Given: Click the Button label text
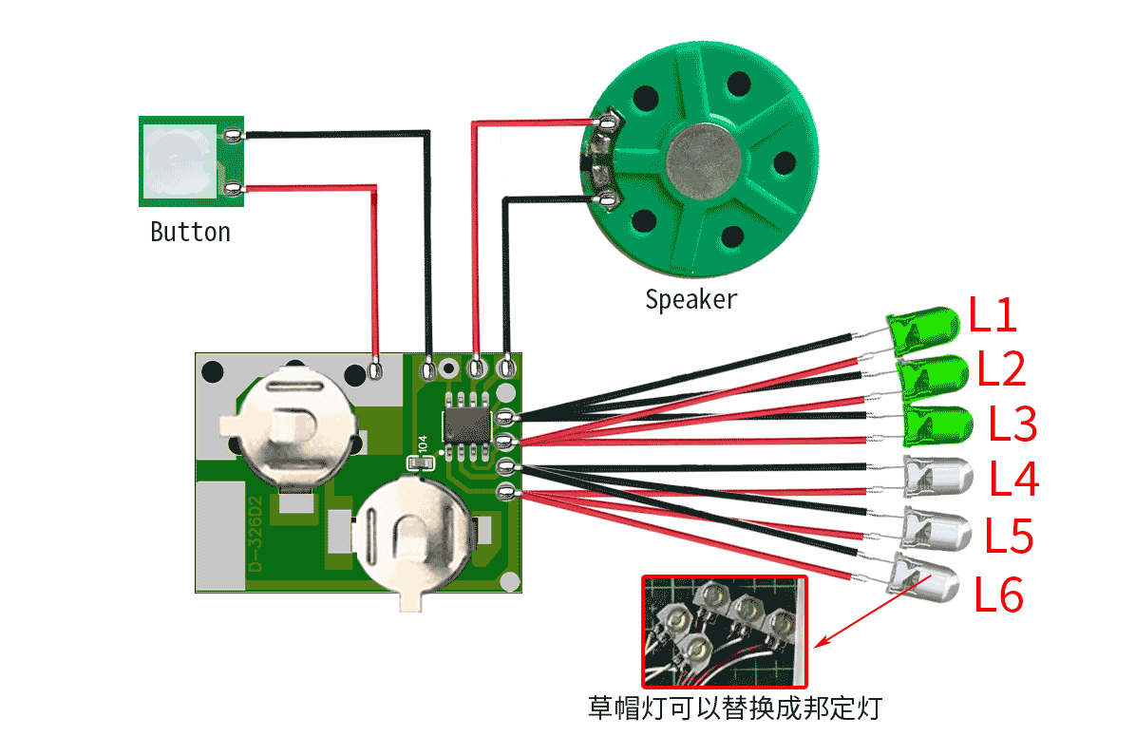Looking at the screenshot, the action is coord(190,233).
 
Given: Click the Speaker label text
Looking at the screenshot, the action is coord(691,299).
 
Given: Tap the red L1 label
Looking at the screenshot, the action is coord(993,314).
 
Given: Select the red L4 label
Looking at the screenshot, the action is coord(1014,479).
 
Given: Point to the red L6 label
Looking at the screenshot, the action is coord(998,594).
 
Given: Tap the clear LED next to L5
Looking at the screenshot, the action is coord(936,531).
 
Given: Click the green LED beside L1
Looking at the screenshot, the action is coord(923,330).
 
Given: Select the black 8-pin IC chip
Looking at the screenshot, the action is coord(467,425).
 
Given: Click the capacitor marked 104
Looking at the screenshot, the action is coord(422,462).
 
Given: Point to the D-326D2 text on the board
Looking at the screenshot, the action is coord(255,534).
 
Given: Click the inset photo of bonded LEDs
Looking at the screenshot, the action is coord(725,632).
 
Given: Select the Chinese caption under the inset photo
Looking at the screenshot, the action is coord(735,708).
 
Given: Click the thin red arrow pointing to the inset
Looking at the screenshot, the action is coord(872,612).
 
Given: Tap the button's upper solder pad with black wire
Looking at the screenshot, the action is coord(233,136).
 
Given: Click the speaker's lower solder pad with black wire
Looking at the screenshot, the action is coord(607,198).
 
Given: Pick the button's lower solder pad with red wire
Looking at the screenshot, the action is coord(233,189).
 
